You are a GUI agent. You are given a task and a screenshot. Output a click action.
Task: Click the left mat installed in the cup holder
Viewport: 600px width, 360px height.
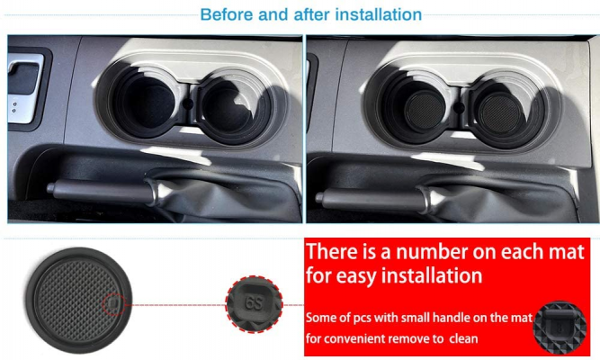pyautogui.click(x=425, y=111)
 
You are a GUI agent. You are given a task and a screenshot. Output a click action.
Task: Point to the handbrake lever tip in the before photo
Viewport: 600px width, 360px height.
pyautogui.click(x=50, y=188)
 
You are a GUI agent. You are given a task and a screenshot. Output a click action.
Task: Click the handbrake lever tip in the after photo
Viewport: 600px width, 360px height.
pyautogui.click(x=318, y=197)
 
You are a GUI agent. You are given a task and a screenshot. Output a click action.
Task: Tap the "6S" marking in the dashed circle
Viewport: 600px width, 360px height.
pyautogui.click(x=254, y=303)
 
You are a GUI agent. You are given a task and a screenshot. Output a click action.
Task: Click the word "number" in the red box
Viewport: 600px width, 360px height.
pyautogui.click(x=432, y=252)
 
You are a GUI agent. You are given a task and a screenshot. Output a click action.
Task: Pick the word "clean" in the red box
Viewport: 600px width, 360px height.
pyautogui.click(x=463, y=338)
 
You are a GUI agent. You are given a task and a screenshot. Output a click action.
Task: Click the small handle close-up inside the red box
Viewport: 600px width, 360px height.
pyautogui.click(x=560, y=328)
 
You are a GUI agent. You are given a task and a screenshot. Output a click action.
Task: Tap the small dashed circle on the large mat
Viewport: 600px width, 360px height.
pyautogui.click(x=113, y=304)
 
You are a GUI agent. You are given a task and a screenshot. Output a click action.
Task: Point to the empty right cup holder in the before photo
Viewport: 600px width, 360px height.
pyautogui.click(x=228, y=108)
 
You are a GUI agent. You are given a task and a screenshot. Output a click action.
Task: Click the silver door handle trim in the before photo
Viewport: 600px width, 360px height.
pyautogui.click(x=25, y=89)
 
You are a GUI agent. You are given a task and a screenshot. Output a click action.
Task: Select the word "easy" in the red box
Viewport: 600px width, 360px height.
pyautogui.click(x=359, y=276)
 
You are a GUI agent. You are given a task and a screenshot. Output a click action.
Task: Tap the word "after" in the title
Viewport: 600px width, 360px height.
pyautogui.click(x=312, y=14)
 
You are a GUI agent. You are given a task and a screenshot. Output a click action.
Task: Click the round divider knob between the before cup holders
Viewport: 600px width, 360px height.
pyautogui.click(x=188, y=103)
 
